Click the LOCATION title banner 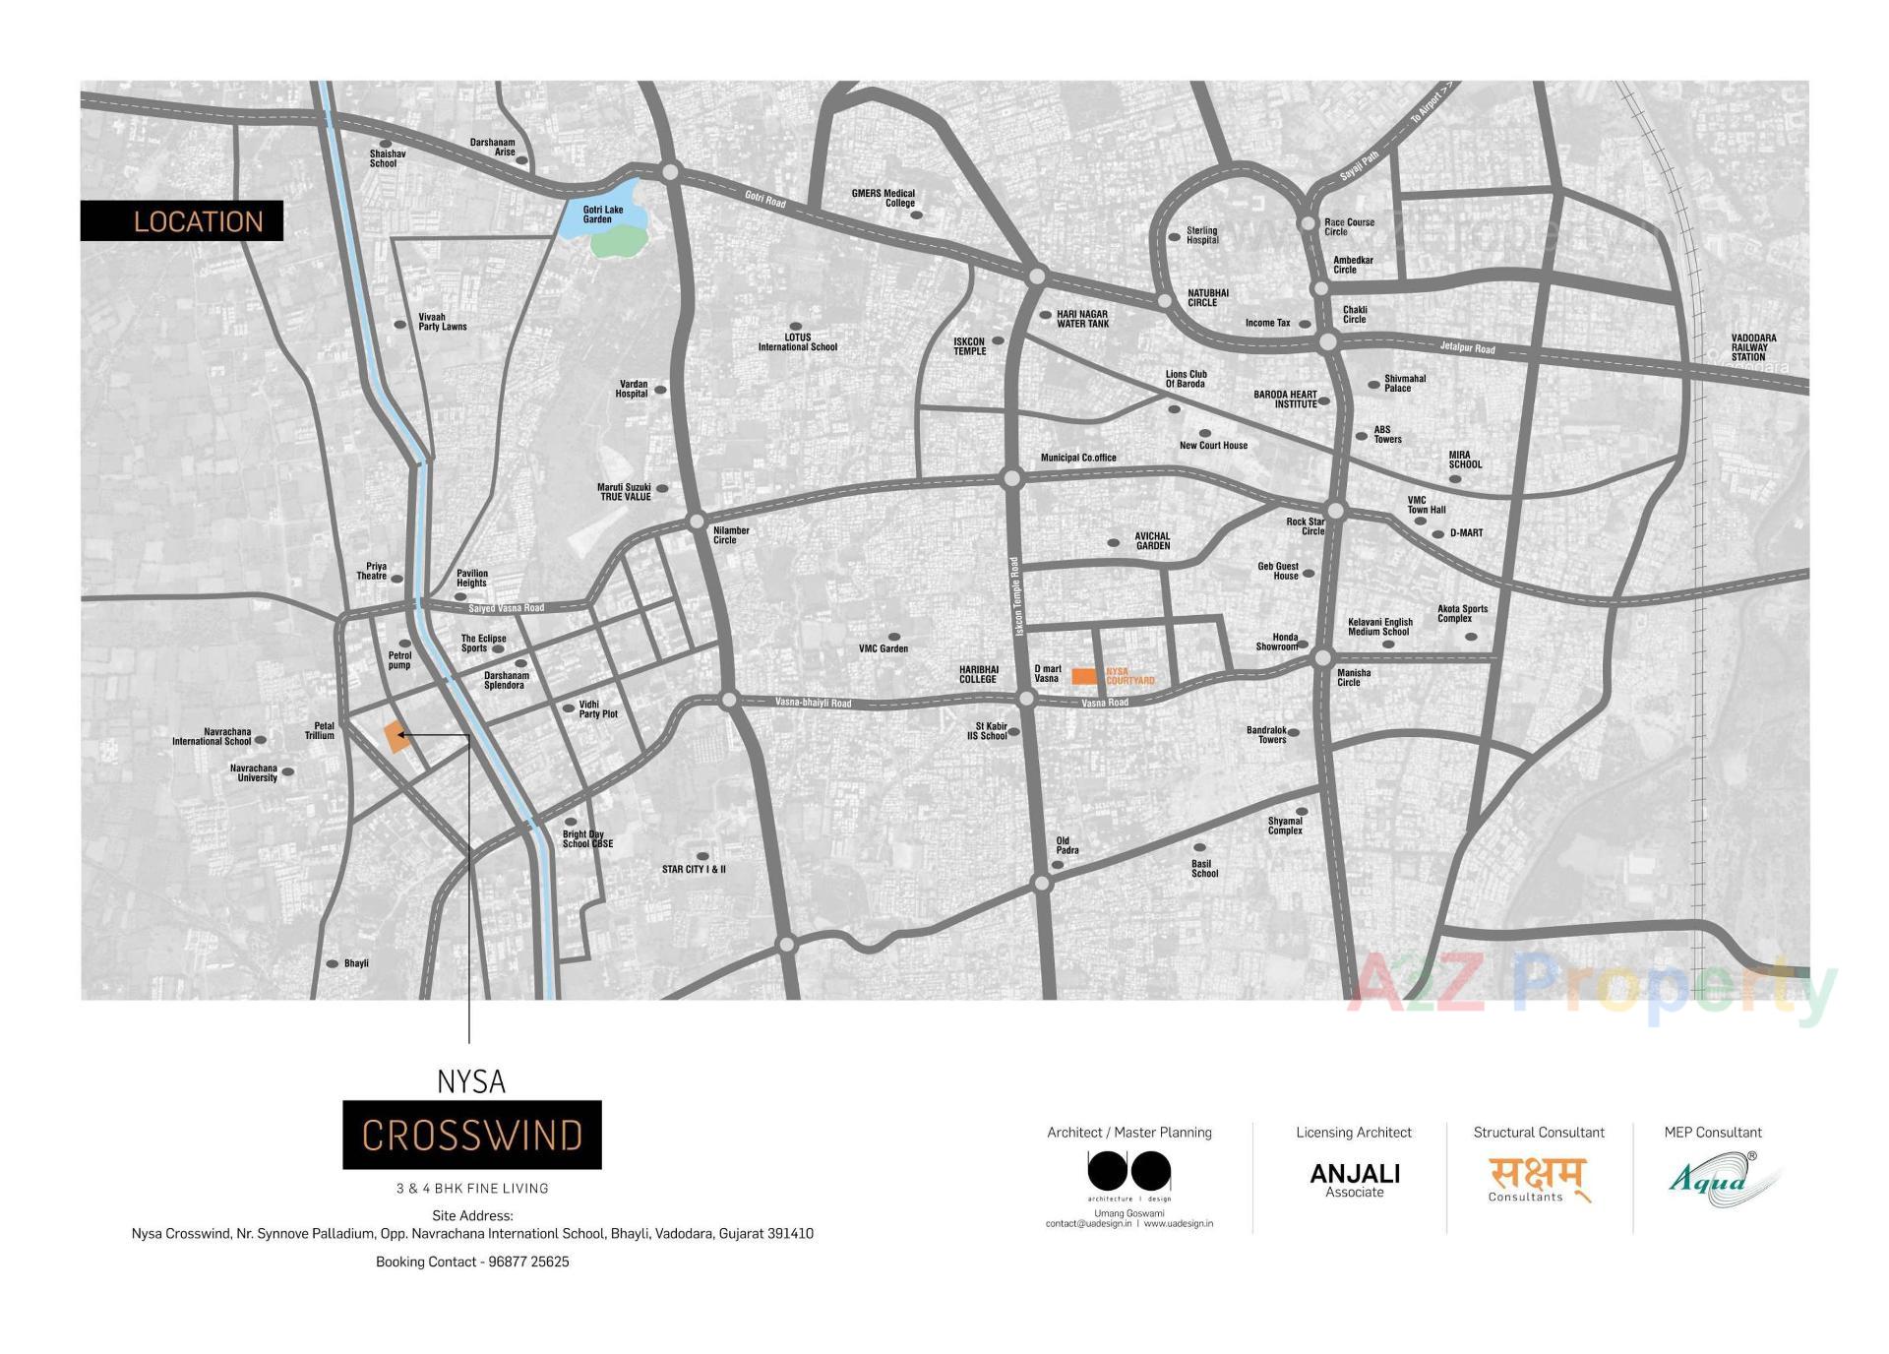[x=182, y=220]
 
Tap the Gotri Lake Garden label [x=602, y=215]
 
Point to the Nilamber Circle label [x=731, y=534]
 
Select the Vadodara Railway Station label [x=1753, y=347]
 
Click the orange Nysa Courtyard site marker [x=1083, y=676]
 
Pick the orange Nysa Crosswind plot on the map [x=396, y=736]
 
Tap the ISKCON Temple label [x=969, y=346]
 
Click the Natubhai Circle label [x=1207, y=297]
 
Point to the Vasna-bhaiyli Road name [x=813, y=703]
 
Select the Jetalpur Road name [x=1467, y=347]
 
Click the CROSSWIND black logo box [x=471, y=1135]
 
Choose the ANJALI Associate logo [x=1354, y=1179]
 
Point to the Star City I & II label [x=694, y=869]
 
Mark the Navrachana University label [x=254, y=772]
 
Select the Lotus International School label [x=797, y=341]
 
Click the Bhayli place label [x=356, y=963]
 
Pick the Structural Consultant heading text [x=1538, y=1133]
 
